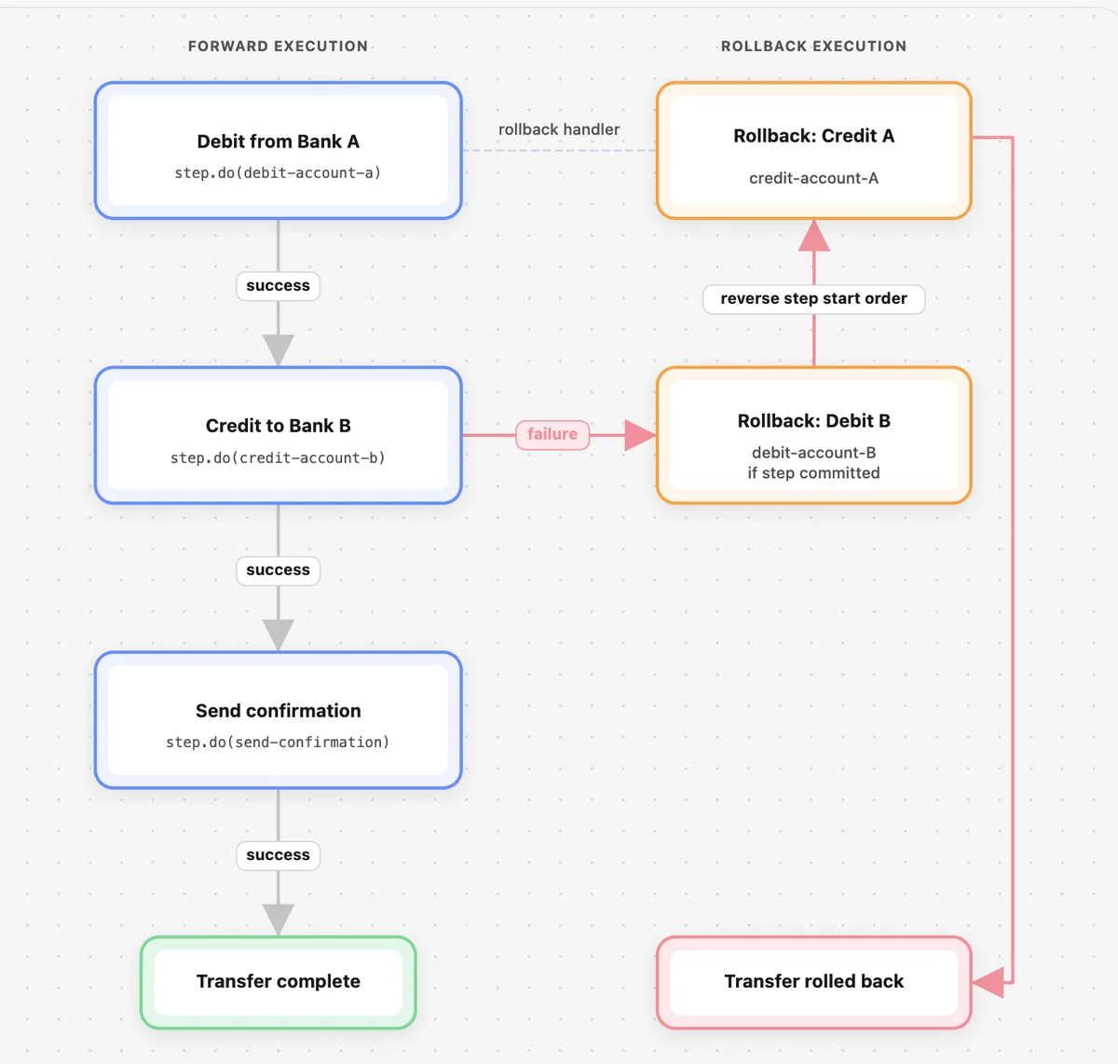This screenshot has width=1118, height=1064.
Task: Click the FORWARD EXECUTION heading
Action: (x=278, y=46)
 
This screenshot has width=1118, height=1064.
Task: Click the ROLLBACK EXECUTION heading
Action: (x=813, y=46)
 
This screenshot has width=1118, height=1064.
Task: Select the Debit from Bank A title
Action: (x=278, y=141)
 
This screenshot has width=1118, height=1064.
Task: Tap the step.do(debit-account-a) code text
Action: (x=278, y=173)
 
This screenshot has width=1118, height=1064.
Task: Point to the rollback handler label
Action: (x=559, y=130)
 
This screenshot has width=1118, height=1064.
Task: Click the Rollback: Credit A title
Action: (x=813, y=136)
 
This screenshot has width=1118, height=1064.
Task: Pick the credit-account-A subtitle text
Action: (x=813, y=179)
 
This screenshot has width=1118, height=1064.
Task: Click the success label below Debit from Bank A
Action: (x=278, y=285)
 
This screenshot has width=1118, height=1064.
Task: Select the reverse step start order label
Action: (x=813, y=298)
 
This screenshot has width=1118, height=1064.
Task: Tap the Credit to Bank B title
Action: (x=278, y=426)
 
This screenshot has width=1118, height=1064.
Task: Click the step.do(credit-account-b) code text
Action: (x=278, y=457)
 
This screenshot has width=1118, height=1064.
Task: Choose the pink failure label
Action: (x=552, y=434)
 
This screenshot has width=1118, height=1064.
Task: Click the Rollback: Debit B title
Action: (x=813, y=421)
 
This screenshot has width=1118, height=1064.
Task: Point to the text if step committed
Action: (x=813, y=473)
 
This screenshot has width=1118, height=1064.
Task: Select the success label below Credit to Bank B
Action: (x=278, y=570)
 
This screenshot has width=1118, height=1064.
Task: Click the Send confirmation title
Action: (x=278, y=711)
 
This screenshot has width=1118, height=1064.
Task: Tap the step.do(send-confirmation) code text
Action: (x=278, y=743)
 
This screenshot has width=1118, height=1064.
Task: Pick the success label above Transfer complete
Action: (x=278, y=855)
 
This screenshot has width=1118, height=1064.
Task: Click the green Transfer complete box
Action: (x=278, y=982)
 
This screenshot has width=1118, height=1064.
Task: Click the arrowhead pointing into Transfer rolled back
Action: (x=988, y=982)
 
